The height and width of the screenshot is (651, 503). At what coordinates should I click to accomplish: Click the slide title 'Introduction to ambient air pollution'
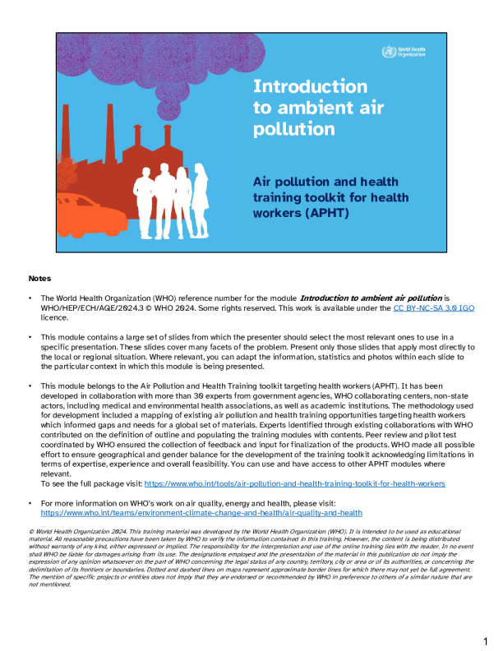point(310,108)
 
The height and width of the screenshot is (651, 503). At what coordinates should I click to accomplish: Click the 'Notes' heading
point(39,279)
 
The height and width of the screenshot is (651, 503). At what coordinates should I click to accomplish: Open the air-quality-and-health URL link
point(201,512)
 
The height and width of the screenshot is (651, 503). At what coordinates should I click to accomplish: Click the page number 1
point(486,639)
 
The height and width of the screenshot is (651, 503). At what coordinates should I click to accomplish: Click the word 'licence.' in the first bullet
point(54,316)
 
